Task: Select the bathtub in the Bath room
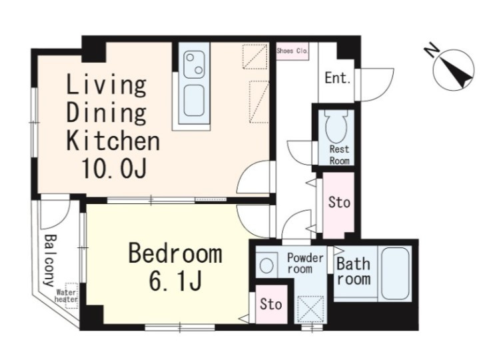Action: (x=395, y=273)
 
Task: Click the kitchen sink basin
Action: (x=194, y=101)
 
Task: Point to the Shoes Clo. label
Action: (x=292, y=51)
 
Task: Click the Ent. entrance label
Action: (x=337, y=78)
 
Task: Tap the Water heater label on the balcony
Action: (x=66, y=296)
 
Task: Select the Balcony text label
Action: (x=50, y=260)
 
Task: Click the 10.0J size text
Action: (x=114, y=168)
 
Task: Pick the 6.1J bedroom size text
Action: (x=175, y=281)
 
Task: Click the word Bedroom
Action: (x=175, y=253)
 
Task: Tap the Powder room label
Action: (x=305, y=263)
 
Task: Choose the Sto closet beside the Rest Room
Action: (x=338, y=205)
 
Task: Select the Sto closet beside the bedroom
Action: (x=271, y=304)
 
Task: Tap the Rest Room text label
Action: (x=339, y=155)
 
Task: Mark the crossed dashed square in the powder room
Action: (x=310, y=309)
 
